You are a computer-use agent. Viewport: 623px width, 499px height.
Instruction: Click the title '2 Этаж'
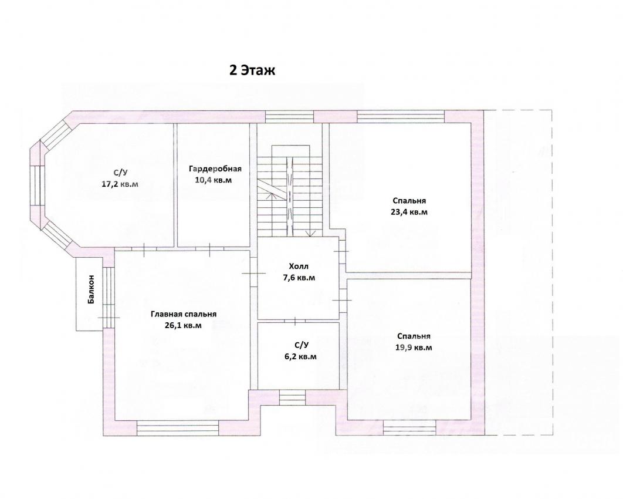pyautogui.click(x=252, y=70)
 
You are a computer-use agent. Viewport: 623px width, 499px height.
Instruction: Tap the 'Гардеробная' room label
pyautogui.click(x=215, y=168)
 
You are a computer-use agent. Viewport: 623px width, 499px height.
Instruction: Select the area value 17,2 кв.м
pyautogui.click(x=120, y=184)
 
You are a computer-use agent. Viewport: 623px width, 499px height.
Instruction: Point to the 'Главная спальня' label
pyautogui.click(x=184, y=314)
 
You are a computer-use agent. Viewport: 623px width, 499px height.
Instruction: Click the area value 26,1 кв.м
pyautogui.click(x=183, y=325)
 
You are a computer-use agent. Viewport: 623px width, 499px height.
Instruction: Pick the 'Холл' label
pyautogui.click(x=299, y=266)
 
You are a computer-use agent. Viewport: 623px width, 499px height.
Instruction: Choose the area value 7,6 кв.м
pyautogui.click(x=299, y=278)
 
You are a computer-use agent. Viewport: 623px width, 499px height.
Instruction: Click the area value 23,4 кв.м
pyautogui.click(x=409, y=212)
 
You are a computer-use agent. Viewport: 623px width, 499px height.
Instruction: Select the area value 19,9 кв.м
pyautogui.click(x=414, y=348)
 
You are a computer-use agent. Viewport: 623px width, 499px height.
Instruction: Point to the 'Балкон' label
pyautogui.click(x=92, y=289)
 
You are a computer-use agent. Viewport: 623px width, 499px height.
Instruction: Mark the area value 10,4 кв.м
pyautogui.click(x=214, y=180)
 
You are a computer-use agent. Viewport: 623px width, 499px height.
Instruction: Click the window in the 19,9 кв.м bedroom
pyautogui.click(x=409, y=428)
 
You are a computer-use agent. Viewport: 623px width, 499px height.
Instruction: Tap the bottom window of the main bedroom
pyautogui.click(x=178, y=428)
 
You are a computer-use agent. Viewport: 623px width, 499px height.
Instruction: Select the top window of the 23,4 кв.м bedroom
pyautogui.click(x=401, y=116)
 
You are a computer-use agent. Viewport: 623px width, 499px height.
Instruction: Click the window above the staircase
pyautogui.click(x=290, y=116)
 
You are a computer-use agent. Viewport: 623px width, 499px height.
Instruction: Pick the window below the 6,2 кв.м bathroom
pyautogui.click(x=292, y=397)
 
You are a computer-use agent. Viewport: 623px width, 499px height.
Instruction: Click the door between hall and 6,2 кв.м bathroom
pyautogui.click(x=295, y=321)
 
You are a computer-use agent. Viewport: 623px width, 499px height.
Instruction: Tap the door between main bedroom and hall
pyautogui.click(x=254, y=273)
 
